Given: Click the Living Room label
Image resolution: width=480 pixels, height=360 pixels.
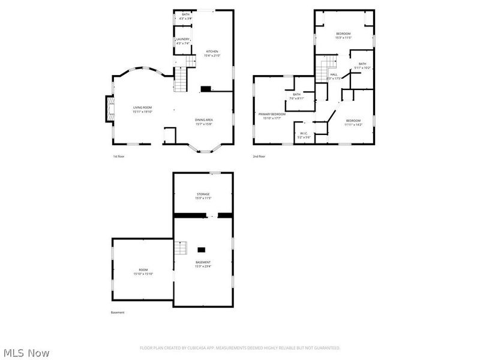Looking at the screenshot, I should (143, 108).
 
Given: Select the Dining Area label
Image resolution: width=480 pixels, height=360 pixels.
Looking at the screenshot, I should (204, 120).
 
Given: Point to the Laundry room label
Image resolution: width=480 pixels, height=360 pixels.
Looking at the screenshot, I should (183, 39).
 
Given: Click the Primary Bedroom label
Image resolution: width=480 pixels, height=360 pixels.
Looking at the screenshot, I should (272, 114).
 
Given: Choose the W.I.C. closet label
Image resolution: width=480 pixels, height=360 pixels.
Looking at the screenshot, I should (304, 134).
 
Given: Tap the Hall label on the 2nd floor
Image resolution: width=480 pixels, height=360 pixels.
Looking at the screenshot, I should (334, 74).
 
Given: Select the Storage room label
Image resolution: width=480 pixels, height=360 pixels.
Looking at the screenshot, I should (203, 194).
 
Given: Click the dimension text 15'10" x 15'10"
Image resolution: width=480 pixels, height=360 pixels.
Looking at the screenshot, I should (143, 274).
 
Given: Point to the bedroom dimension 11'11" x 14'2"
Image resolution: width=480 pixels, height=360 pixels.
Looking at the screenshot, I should (353, 125).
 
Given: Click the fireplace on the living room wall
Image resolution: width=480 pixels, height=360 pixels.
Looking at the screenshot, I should (109, 109).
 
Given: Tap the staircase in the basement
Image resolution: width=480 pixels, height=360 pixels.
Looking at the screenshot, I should (181, 247).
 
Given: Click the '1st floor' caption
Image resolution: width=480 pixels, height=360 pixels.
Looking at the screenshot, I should (119, 156).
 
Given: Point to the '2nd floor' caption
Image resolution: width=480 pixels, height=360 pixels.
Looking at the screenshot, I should (259, 156).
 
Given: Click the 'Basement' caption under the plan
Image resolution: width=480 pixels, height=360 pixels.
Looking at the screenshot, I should (118, 313).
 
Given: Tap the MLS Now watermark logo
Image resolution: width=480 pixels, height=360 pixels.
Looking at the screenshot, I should (26, 353).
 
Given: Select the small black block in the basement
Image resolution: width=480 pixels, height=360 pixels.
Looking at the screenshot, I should (202, 249).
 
